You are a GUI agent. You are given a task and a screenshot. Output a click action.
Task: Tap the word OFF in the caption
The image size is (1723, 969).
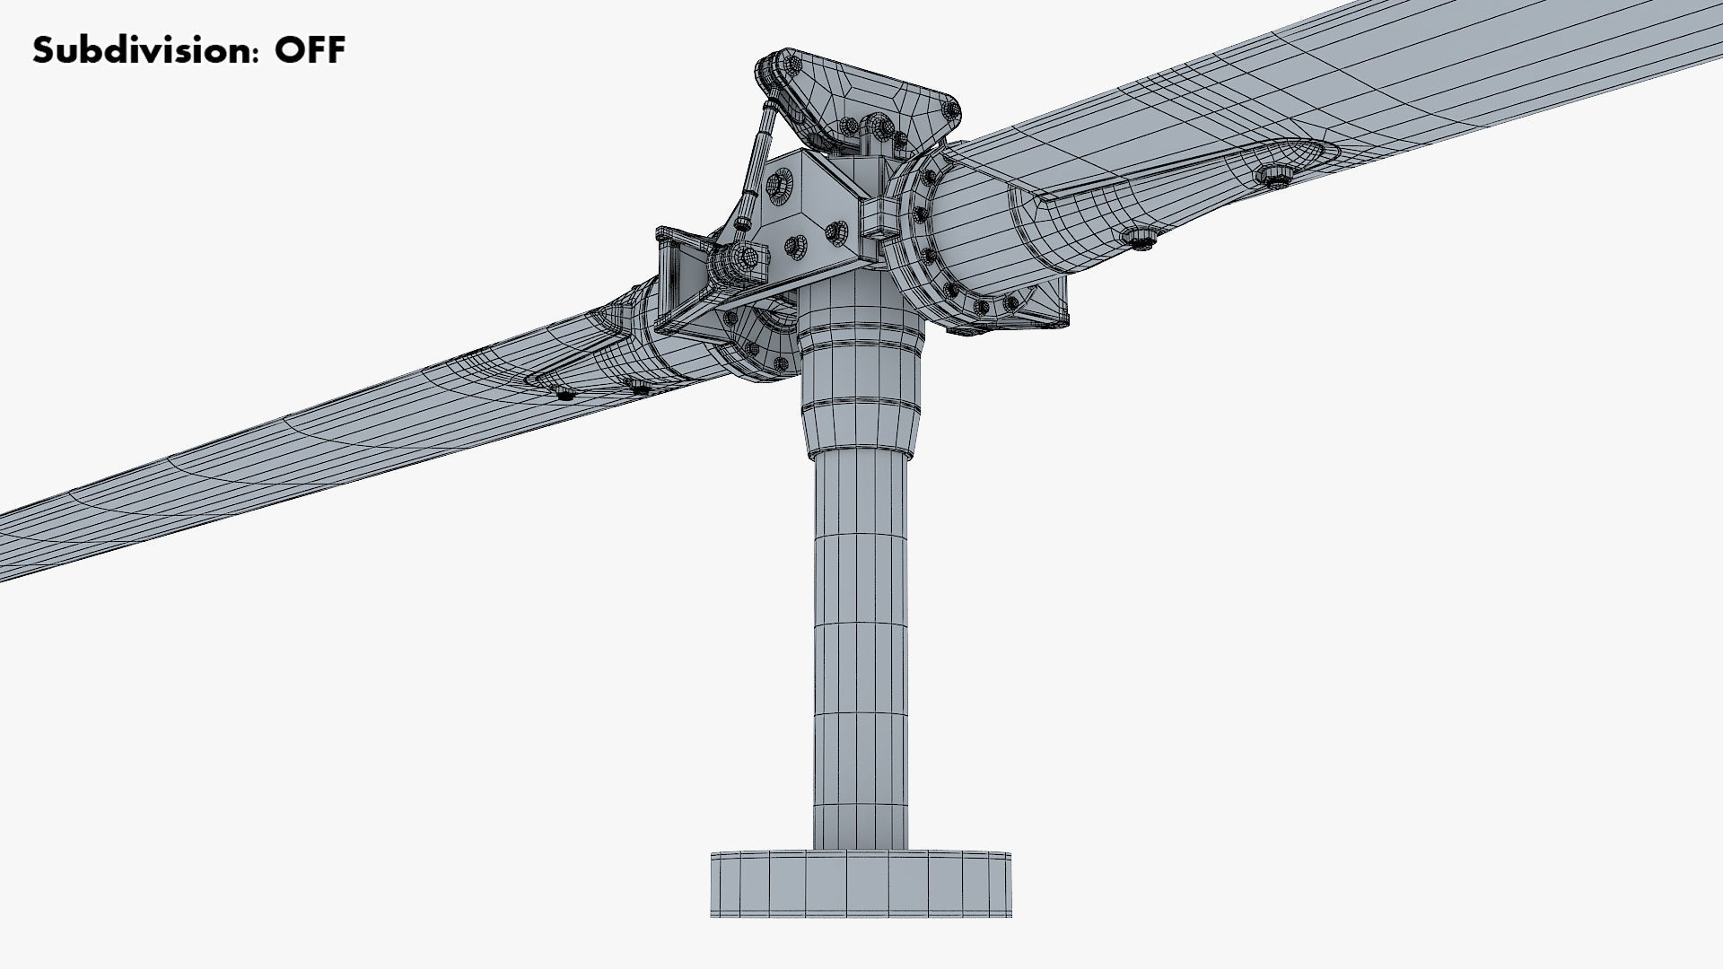[310, 50]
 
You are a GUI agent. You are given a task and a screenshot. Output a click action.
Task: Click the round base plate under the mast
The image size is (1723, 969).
[861, 884]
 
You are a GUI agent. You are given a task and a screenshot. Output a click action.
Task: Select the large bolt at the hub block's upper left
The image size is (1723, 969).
[777, 184]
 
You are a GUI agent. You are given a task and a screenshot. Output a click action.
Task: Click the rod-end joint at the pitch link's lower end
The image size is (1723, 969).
[742, 260]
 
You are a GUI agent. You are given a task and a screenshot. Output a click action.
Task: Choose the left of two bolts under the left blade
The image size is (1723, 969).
[564, 395]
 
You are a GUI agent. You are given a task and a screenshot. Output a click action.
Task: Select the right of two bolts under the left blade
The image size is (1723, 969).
[638, 388]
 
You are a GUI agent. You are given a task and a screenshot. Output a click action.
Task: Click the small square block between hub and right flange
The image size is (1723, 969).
[879, 215]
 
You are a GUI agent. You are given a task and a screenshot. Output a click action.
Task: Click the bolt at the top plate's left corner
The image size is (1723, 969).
[771, 67]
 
